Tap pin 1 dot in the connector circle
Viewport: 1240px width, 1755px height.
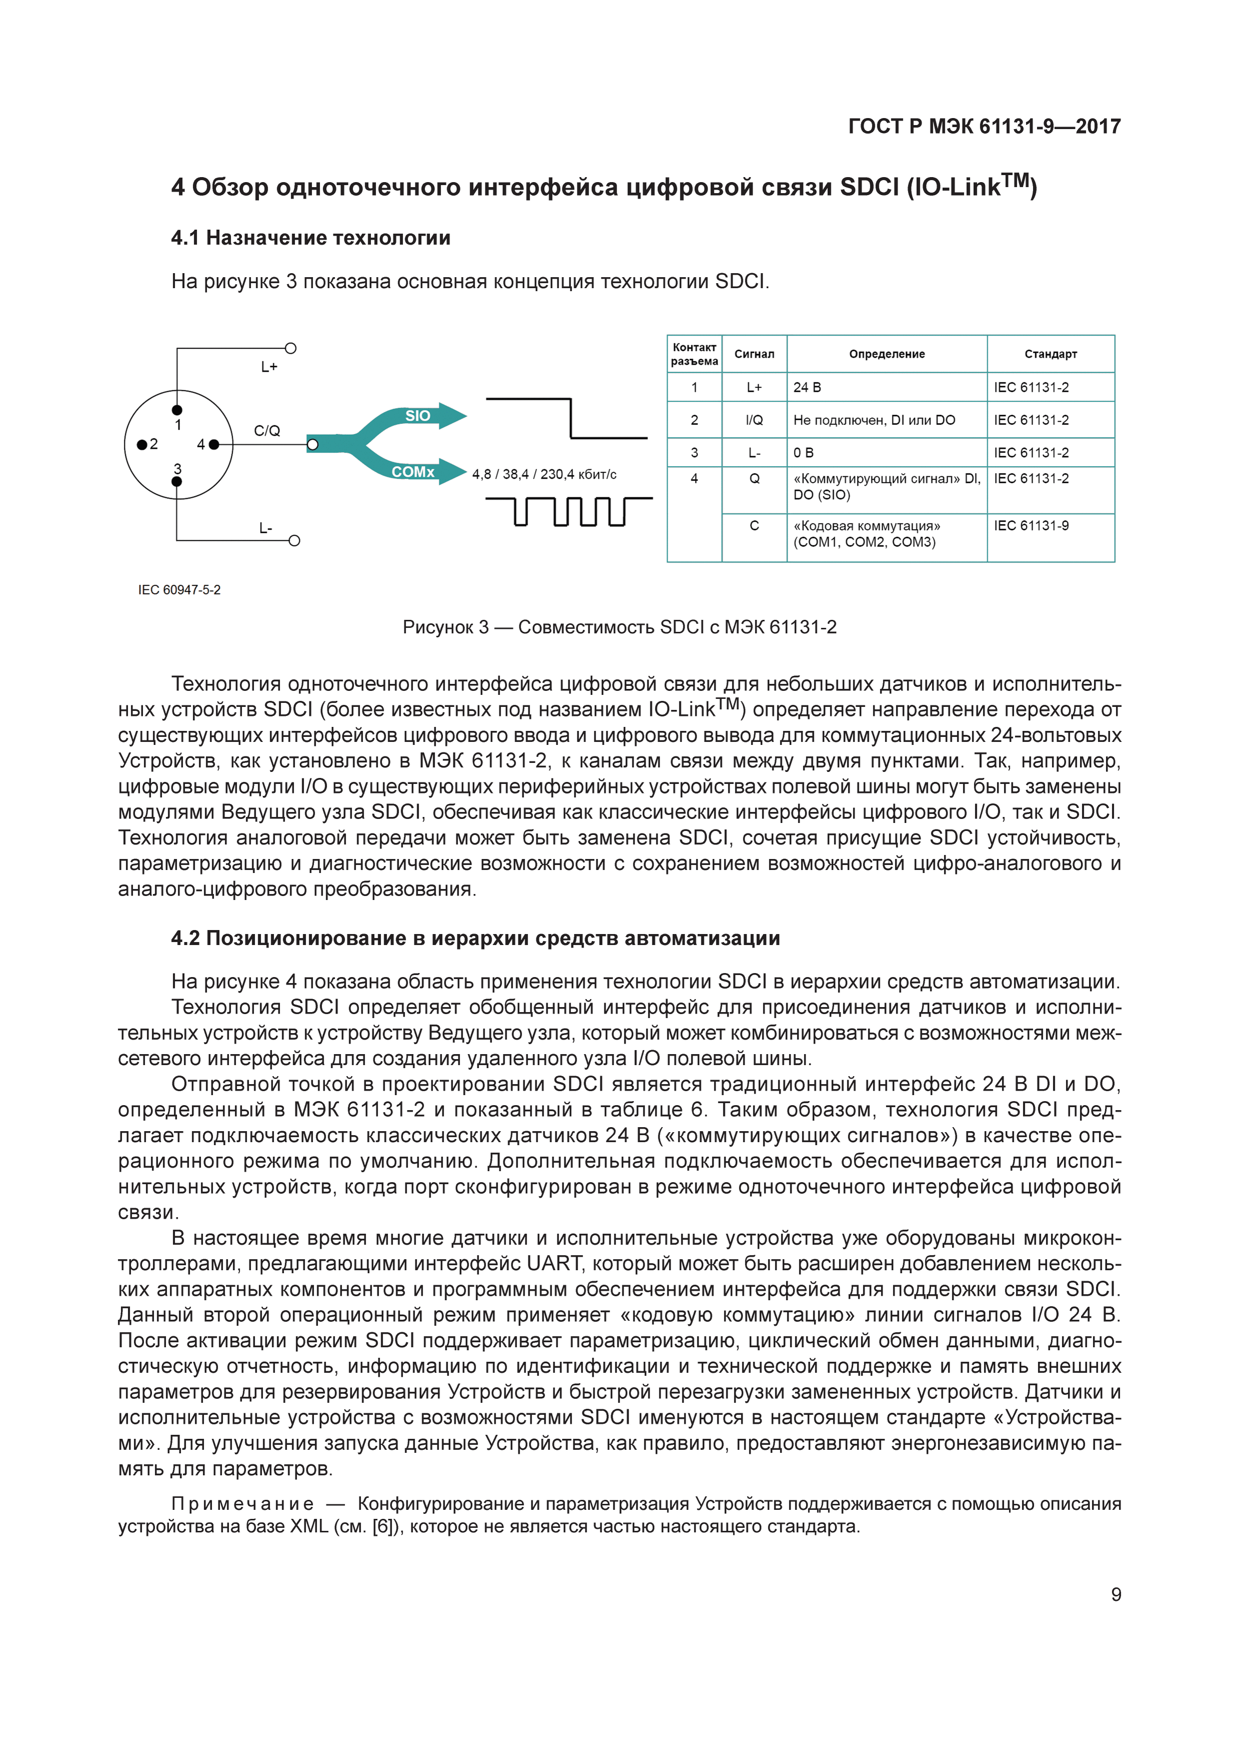pos(177,410)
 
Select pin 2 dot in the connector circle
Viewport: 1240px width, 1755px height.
pos(141,444)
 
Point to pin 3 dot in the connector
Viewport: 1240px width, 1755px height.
pos(177,482)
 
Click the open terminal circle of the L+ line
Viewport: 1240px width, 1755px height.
pos(290,349)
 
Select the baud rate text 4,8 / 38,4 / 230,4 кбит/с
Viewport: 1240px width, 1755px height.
pos(544,475)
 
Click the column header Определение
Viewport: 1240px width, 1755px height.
pos(886,354)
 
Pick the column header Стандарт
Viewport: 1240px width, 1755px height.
pos(1050,354)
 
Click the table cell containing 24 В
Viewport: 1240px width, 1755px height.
pos(807,388)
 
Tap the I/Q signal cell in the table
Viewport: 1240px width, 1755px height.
pos(754,420)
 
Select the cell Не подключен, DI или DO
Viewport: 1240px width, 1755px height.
pos(874,420)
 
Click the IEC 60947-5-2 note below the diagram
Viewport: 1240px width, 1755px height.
pos(179,590)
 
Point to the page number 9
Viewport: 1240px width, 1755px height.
pos(1115,1594)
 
